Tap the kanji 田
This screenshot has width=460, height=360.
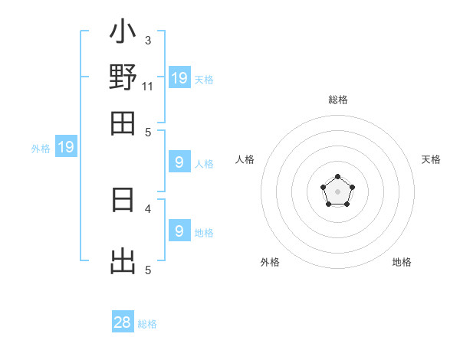click(123, 123)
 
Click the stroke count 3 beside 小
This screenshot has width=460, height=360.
click(148, 40)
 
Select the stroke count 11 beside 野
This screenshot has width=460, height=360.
click(148, 86)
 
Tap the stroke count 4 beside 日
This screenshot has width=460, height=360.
click(148, 208)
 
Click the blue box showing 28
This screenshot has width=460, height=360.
click(123, 322)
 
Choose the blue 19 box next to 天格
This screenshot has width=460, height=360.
click(179, 77)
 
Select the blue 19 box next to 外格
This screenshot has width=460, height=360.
click(66, 147)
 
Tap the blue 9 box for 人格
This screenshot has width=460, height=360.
click(179, 162)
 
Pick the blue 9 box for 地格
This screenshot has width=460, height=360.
click(179, 231)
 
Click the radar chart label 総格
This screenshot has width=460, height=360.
click(337, 100)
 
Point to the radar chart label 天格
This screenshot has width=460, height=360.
click(431, 159)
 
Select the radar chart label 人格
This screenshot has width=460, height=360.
click(245, 159)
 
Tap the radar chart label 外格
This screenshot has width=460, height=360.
click(270, 262)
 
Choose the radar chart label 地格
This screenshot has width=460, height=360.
click(402, 262)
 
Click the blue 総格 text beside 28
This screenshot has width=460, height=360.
click(147, 324)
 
